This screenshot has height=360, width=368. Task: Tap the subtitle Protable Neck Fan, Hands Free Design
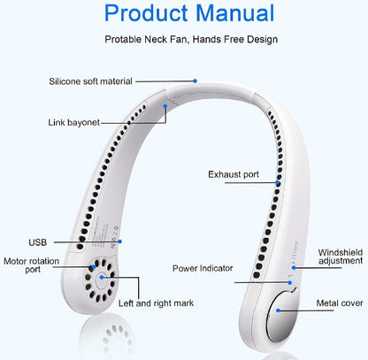pos(192,40)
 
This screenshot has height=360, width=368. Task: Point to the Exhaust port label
pos(234,174)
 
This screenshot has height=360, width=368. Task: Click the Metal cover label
pos(340,303)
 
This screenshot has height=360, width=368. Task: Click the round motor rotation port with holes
pos(103,276)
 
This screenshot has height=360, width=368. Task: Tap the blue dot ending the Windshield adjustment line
pos(295,264)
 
